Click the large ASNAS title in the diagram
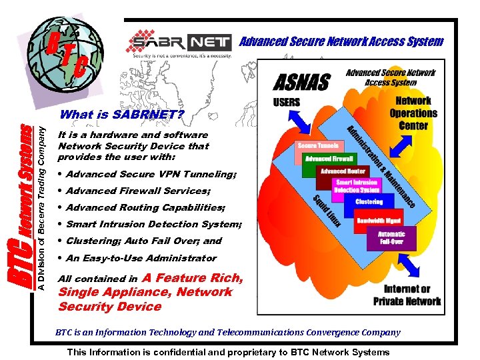pos(302,83)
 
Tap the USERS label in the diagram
pos(287,103)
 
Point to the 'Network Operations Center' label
pos(413,113)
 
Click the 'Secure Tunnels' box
pos(319,145)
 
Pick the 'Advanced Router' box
pos(342,171)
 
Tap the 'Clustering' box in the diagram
pos(369,201)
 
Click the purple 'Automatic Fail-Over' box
pos(391,238)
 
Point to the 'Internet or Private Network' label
pos(407,295)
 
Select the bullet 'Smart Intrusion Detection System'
pos(153,224)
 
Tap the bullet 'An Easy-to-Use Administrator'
pos(141,258)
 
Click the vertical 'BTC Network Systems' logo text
pos(21,207)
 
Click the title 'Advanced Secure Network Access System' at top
pos(341,41)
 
